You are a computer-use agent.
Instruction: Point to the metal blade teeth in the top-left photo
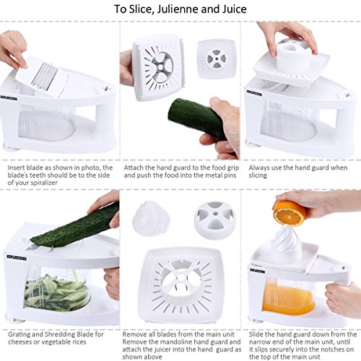click(51, 74)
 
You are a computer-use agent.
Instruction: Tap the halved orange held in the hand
click(290, 212)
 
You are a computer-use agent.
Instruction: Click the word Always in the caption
click(256, 167)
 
